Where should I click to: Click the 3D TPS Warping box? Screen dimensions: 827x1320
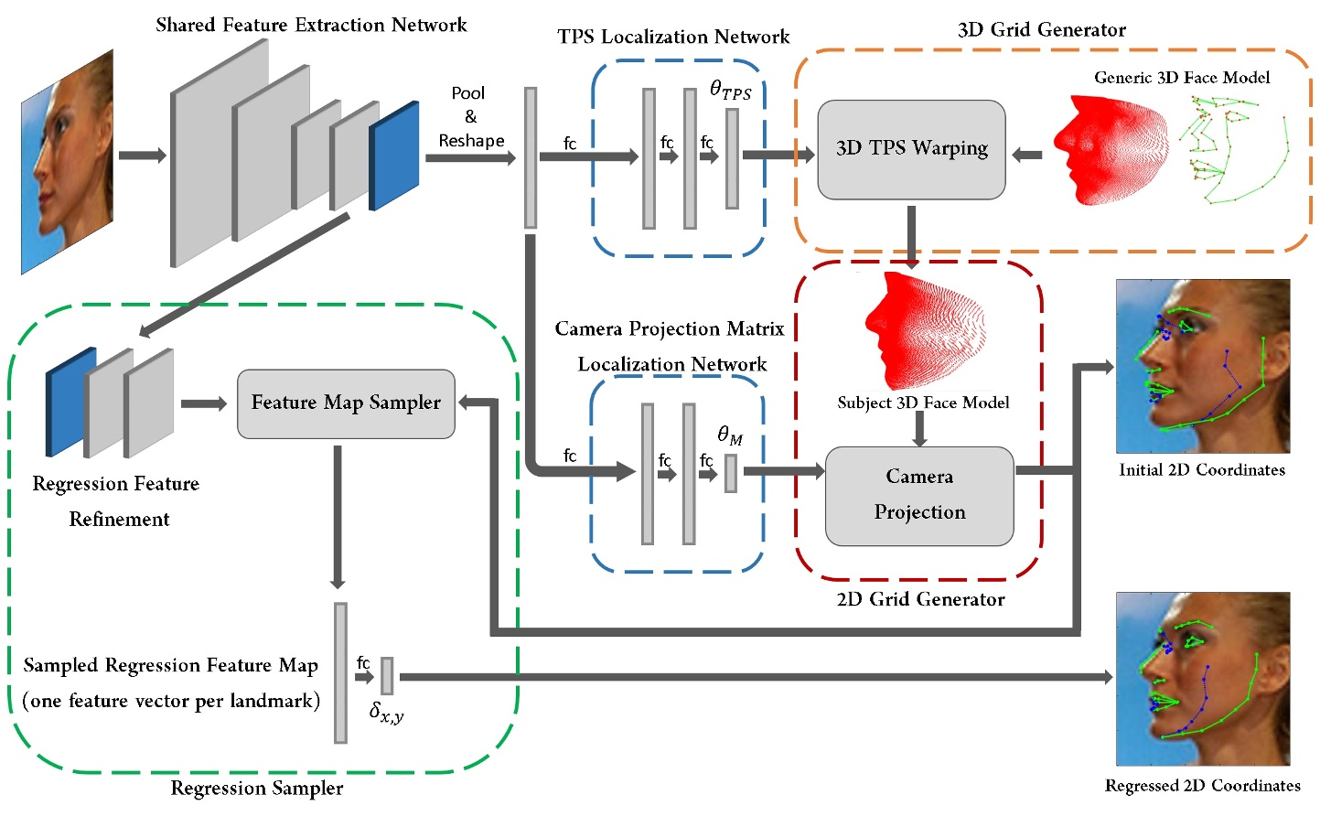pos(911,149)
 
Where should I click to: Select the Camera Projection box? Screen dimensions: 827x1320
pos(919,495)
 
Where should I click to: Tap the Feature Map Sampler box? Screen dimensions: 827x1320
pos(346,403)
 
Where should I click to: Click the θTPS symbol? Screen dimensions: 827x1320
pos(730,91)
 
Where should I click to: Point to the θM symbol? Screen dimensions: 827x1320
pos(729,435)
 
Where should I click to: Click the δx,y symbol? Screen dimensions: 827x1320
pos(386,712)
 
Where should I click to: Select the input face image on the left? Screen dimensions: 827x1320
pos(67,162)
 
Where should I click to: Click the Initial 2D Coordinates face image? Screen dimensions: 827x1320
pos(1202,366)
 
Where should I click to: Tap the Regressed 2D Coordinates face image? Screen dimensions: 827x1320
pos(1202,678)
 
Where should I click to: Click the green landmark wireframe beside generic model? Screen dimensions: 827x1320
pos(1230,151)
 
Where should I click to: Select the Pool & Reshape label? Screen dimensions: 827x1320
pos(470,117)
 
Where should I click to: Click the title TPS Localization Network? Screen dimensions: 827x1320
pos(673,37)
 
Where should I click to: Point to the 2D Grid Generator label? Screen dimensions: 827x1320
pos(920,599)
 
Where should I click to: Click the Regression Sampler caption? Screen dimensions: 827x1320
pos(257,788)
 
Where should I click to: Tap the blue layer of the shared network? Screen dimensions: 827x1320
pos(394,156)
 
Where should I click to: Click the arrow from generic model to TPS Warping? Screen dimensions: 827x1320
pos(1027,155)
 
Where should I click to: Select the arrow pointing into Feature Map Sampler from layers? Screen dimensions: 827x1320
pos(203,403)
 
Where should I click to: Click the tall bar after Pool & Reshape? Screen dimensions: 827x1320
pos(531,157)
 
